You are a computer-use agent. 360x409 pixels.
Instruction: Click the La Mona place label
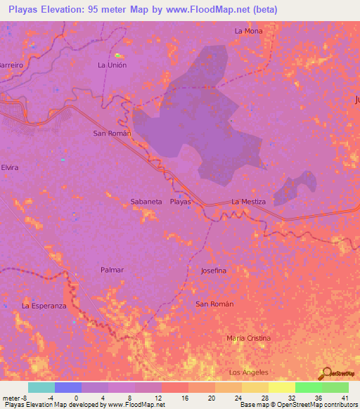click(248, 31)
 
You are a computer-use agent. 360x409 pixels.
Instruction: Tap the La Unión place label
click(112, 65)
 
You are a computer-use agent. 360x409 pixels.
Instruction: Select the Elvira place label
click(9, 168)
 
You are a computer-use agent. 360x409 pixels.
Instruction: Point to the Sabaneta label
click(146, 202)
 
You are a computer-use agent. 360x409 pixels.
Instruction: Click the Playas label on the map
click(181, 202)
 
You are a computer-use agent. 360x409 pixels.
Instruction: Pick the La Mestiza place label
click(249, 202)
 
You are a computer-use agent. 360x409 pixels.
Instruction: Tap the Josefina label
click(214, 270)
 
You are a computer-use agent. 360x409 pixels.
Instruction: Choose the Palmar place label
click(112, 270)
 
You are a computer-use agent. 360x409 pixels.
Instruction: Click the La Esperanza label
click(44, 306)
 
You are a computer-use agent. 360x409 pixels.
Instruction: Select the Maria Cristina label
click(248, 338)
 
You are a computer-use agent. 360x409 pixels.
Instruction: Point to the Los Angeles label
click(249, 372)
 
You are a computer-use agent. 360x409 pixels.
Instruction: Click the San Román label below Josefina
click(214, 304)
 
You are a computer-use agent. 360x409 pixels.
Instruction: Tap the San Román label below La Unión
click(112, 133)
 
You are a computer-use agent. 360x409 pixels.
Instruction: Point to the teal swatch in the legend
click(41, 387)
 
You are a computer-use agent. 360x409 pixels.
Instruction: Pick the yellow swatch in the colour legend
click(281, 387)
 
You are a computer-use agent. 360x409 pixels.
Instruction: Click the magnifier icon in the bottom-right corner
click(326, 372)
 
